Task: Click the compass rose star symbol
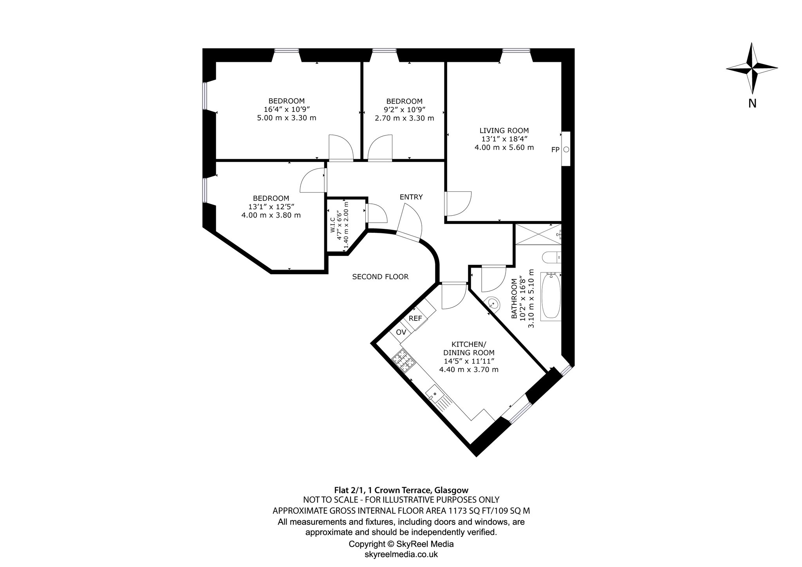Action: pos(752,68)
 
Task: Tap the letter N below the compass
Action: pos(752,104)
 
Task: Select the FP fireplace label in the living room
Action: pos(555,149)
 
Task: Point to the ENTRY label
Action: pos(411,197)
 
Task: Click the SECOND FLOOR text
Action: pos(380,277)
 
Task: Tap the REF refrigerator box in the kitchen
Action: pos(415,319)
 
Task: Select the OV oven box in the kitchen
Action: pos(401,333)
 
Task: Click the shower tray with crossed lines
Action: pos(538,234)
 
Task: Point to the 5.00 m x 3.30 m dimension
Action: pos(287,118)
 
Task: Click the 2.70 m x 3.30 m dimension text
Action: pos(405,118)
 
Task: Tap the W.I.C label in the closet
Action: pos(332,225)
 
